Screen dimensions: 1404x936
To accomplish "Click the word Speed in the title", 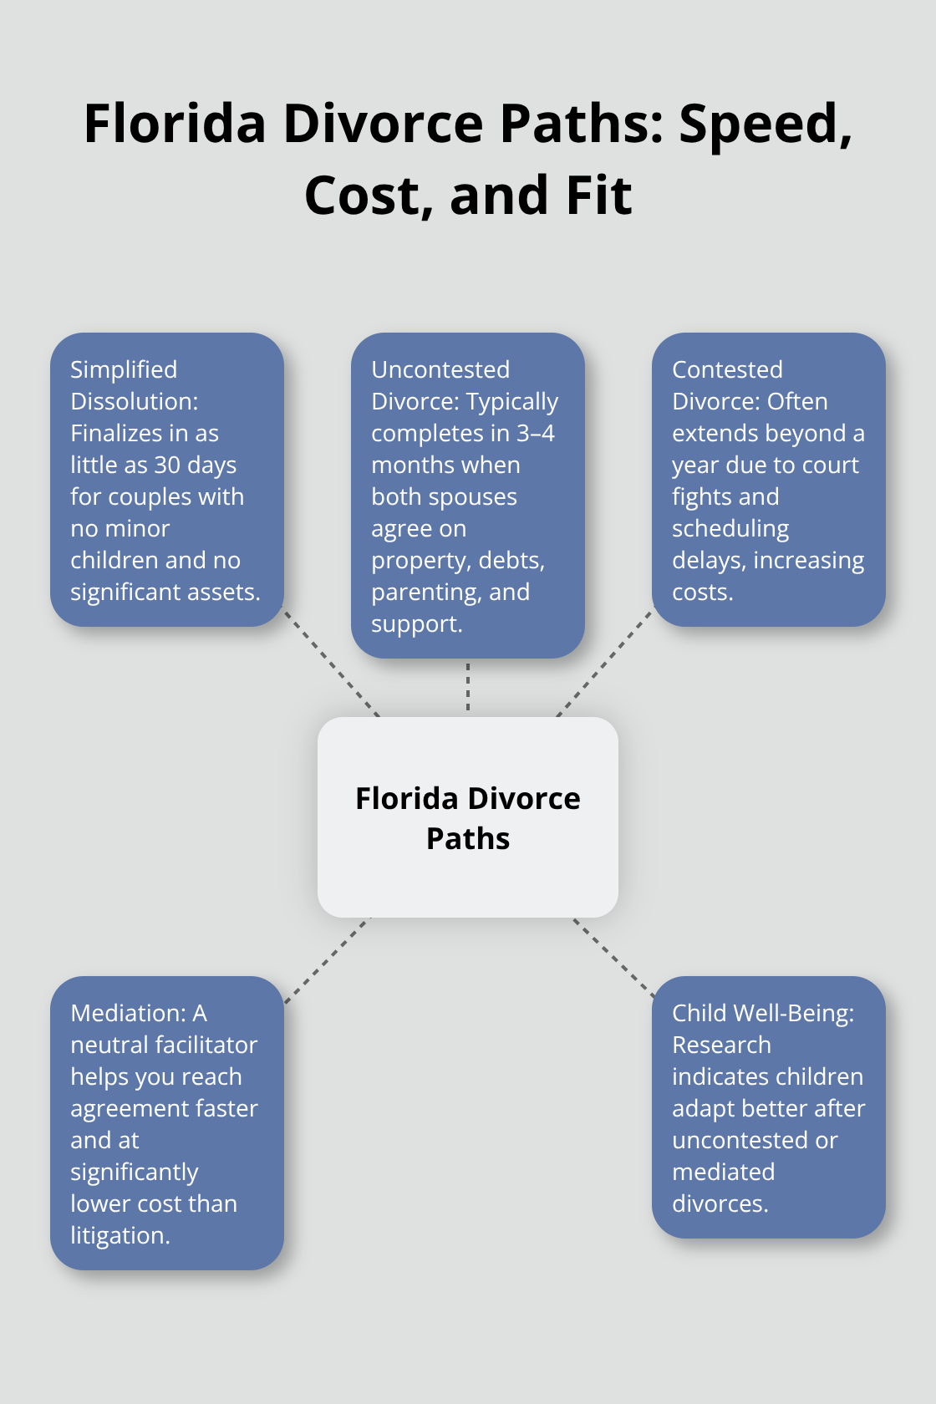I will coord(764,124).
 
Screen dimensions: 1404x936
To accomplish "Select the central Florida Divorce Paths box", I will coord(468,817).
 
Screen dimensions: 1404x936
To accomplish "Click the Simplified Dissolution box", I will coord(167,480).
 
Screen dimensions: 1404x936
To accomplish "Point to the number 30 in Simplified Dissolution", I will coord(168,465).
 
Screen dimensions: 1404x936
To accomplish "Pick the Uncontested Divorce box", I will coord(468,496).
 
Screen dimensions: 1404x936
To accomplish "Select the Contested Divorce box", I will coord(769,480).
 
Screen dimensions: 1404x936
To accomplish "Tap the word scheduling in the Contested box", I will coord(730,528).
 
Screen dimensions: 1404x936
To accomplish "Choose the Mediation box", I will coord(167,1123).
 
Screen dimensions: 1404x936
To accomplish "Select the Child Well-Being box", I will coord(769,1107).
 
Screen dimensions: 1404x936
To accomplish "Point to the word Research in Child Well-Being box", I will coord(721,1045).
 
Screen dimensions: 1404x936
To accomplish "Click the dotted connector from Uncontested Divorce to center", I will coord(468,687).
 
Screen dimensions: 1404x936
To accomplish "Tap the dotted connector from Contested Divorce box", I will coord(604,663).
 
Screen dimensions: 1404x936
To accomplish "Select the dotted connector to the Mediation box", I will coord(328,959).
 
